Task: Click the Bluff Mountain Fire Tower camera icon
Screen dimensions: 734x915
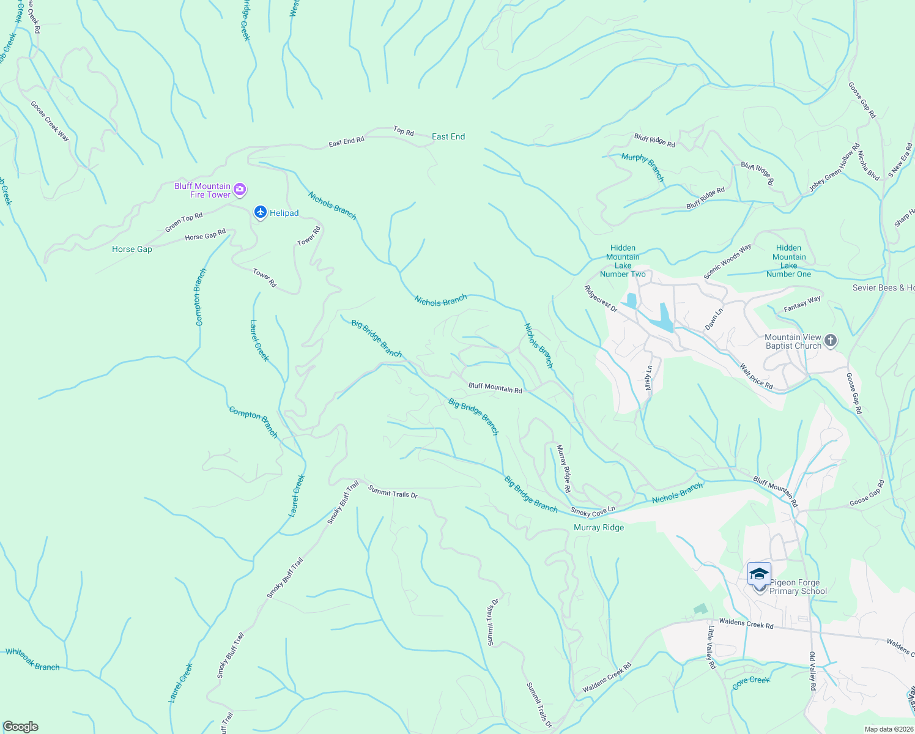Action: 240,190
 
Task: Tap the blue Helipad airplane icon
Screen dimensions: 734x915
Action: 261,212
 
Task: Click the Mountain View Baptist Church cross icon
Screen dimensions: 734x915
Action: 830,341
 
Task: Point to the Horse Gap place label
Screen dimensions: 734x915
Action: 132,250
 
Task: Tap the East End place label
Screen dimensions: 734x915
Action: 448,137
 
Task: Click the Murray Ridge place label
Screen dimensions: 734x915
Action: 599,528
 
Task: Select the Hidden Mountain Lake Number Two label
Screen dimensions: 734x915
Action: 623,261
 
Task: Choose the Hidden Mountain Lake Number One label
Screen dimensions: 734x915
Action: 788,261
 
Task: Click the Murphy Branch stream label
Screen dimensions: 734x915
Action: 643,166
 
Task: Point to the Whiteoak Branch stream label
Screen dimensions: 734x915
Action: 32,660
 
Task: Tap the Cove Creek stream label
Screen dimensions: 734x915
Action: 751,683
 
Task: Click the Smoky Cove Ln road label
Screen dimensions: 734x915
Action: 593,511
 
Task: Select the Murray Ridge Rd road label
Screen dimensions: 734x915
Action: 563,469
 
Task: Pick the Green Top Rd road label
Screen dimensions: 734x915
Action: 183,223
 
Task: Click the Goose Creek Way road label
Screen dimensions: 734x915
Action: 50,121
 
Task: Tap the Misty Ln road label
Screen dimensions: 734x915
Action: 649,378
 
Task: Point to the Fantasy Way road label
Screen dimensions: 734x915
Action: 802,304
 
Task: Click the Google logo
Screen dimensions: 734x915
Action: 20,727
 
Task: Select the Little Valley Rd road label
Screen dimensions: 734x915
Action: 711,647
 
